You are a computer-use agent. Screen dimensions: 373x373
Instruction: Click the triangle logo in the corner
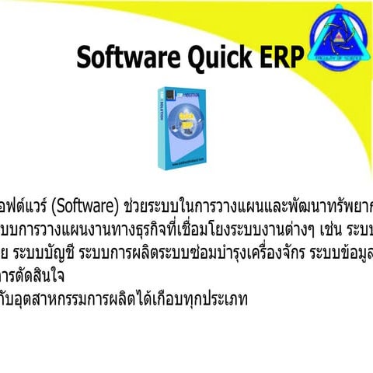coord(336,35)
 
